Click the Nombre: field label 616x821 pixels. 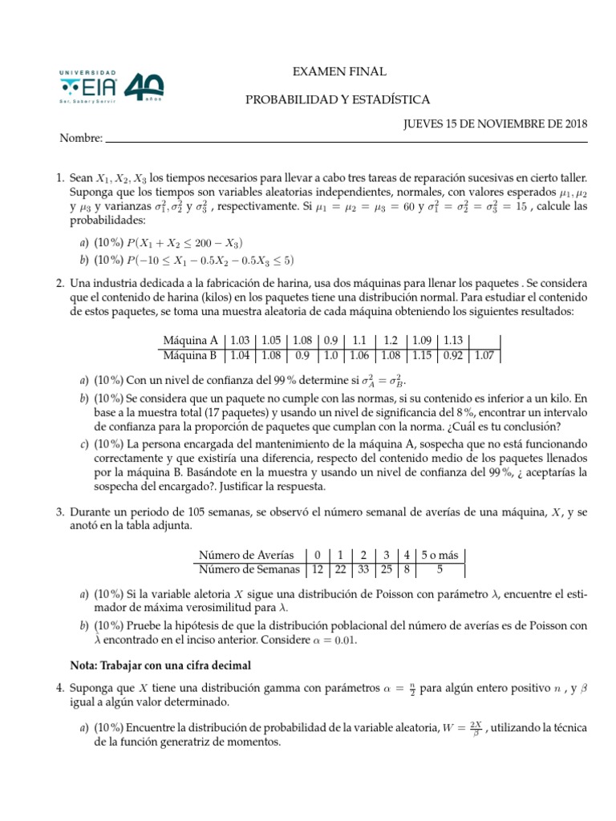click(81, 139)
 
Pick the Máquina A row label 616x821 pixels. click(190, 339)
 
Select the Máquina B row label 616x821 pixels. click(190, 354)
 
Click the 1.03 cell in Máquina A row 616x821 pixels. click(241, 339)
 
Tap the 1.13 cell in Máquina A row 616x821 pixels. click(453, 339)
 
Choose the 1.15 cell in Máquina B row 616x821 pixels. click(423, 354)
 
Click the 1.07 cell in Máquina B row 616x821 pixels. click(485, 354)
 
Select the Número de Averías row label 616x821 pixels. click(245, 555)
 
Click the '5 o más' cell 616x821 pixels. click(441, 555)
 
